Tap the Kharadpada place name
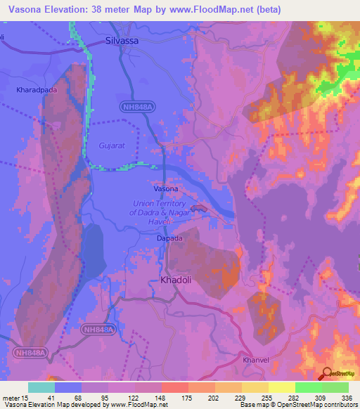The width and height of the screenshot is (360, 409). (x=37, y=91)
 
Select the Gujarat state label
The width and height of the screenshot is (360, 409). (x=101, y=146)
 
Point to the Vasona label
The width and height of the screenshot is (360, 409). (x=166, y=189)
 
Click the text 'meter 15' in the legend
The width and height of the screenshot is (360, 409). (x=16, y=398)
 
